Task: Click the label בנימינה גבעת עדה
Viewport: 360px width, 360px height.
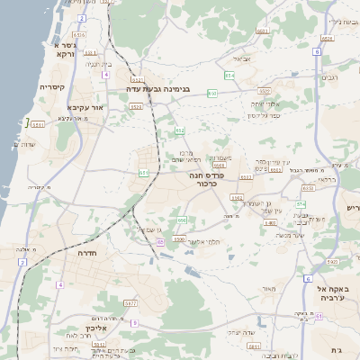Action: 157,91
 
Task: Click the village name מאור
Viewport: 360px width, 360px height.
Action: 266,290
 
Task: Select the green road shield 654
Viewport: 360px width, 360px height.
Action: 229,76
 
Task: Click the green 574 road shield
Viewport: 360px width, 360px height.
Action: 301,205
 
